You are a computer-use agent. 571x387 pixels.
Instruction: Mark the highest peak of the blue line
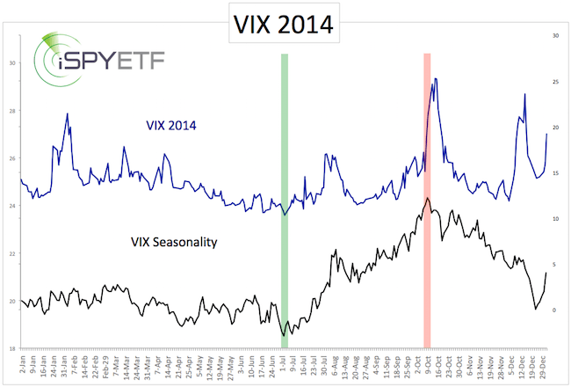(436, 79)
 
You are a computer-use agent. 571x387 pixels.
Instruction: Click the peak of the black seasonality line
(427, 199)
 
